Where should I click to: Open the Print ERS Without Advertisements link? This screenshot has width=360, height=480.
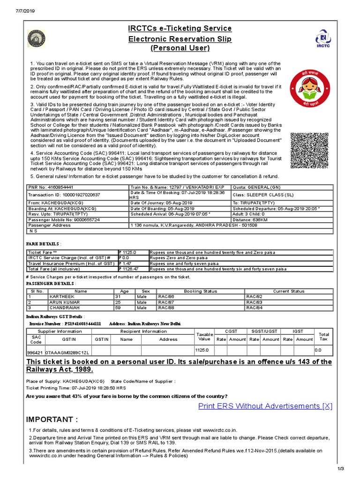pyautogui.click(x=265, y=406)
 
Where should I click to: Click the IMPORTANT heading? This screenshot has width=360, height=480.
pyautogui.click(x=52, y=419)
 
